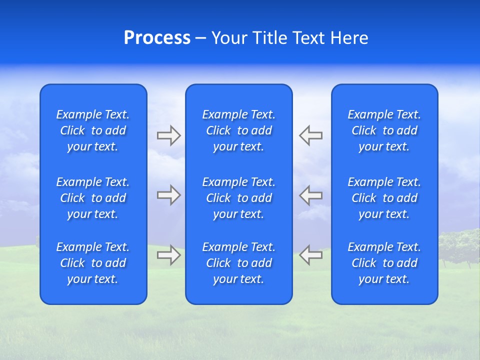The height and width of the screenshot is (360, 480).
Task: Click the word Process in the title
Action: (157, 38)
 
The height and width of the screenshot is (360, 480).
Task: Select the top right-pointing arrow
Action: (169, 135)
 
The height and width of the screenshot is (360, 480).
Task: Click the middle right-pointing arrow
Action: (169, 195)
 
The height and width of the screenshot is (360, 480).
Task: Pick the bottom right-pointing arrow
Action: (169, 254)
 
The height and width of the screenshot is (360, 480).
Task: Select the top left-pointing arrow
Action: (310, 135)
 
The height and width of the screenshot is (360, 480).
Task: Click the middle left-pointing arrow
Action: (310, 195)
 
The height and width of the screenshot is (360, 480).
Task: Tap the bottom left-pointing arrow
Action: (310, 254)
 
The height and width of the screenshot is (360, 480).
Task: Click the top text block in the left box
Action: (93, 130)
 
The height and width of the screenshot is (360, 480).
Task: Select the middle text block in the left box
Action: (93, 198)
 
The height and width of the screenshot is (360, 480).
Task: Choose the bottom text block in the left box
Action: (93, 263)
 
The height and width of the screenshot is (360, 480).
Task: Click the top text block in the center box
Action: (238, 130)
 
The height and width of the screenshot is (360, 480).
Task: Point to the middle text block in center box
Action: (238, 198)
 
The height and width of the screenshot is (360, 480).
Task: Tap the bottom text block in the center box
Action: (238, 263)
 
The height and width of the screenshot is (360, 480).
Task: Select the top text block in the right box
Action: (384, 130)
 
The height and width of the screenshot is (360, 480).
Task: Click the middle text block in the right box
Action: (384, 198)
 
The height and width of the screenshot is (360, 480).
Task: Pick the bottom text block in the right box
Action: (384, 263)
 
